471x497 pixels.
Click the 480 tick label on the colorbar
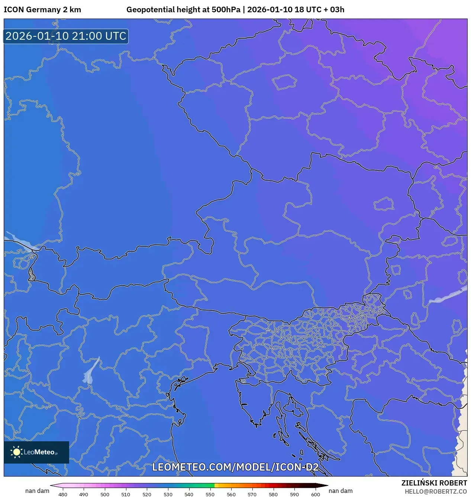pos(63,494)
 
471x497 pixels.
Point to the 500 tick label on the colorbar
pos(105,494)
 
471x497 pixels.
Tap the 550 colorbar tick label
pos(210,494)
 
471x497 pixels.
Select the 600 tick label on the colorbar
pos(315,494)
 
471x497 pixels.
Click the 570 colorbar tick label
pos(252,494)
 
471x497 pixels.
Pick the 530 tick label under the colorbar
pos(168,494)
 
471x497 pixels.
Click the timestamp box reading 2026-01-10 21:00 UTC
pos(66,36)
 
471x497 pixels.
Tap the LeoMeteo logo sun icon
pos(16,452)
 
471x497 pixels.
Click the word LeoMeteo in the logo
pos(39,452)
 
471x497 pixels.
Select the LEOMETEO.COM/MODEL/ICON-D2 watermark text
pos(235,467)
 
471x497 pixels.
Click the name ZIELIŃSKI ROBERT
pos(434,483)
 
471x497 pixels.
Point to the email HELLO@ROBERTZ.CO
pos(436,491)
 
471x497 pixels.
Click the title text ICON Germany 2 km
pos(42,10)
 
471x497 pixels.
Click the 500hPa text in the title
pos(226,10)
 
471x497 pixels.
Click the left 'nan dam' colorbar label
pos(37,491)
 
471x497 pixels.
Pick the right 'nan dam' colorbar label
pos(341,491)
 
